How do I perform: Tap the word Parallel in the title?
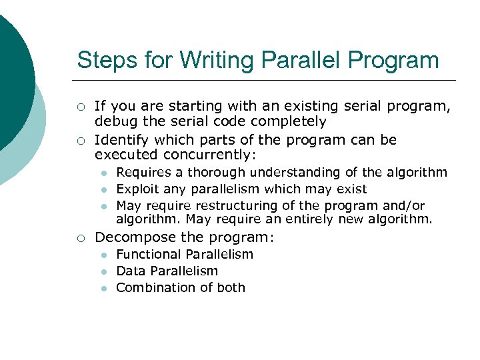click(x=295, y=60)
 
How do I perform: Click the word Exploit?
click(x=137, y=189)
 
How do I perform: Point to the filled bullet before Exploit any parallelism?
click(x=104, y=190)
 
